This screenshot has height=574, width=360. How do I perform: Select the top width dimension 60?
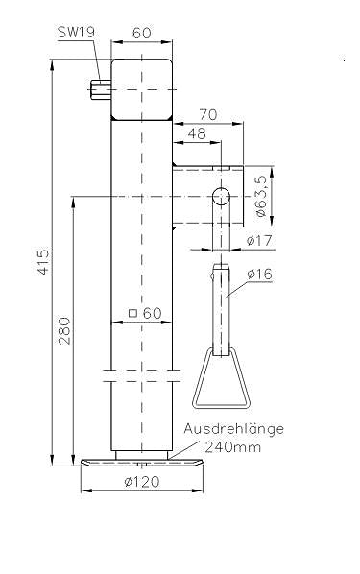point(141,33)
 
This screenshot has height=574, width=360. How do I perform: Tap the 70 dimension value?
point(207,113)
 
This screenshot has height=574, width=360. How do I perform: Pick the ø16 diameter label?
point(259,275)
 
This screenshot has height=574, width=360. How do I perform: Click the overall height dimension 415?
point(43,262)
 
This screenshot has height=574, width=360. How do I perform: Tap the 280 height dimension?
point(64,331)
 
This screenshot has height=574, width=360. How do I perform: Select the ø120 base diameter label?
point(141,482)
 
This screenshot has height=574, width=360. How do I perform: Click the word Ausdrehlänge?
point(235,429)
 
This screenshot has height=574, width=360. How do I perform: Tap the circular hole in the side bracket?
point(220,197)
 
